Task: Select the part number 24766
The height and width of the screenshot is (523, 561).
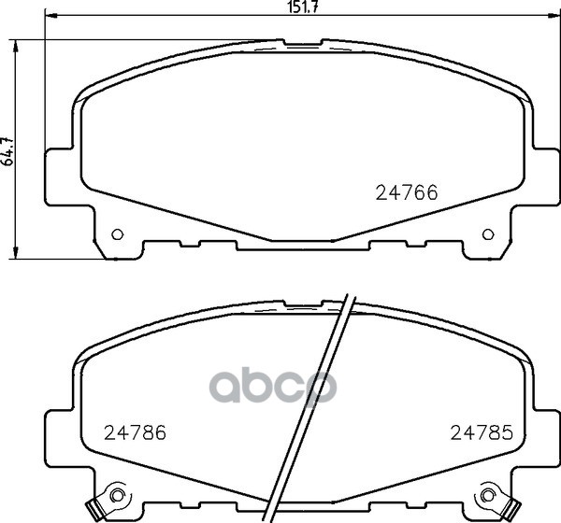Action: [407, 193]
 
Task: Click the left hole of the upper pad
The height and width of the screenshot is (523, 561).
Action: [117, 234]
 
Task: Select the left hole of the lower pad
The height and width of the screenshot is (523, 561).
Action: [116, 495]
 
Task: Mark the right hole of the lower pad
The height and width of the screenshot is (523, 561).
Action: [486, 495]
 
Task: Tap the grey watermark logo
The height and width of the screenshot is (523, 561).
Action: [281, 386]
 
